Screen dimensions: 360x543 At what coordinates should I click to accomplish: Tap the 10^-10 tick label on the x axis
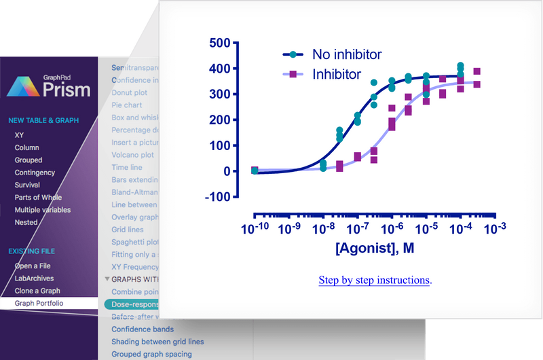pyautogui.click(x=255, y=228)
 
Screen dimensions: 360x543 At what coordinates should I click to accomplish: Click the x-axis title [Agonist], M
pyautogui.click(x=375, y=249)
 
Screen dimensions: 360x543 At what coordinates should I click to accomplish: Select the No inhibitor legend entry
pyautogui.click(x=346, y=54)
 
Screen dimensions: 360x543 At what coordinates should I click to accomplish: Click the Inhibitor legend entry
pyautogui.click(x=336, y=74)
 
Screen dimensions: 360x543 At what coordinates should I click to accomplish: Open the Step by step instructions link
pyautogui.click(x=374, y=280)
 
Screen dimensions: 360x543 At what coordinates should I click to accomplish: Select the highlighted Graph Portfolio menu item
pyautogui.click(x=39, y=303)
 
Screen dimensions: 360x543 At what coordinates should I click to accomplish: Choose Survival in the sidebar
pyautogui.click(x=27, y=185)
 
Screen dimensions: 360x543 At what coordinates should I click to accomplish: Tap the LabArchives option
pyautogui.click(x=34, y=278)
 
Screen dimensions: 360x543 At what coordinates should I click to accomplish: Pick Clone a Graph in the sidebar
pyautogui.click(x=37, y=291)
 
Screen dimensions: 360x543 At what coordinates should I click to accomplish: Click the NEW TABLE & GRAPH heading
pyautogui.click(x=43, y=121)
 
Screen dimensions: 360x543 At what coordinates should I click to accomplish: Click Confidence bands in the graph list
pyautogui.click(x=143, y=329)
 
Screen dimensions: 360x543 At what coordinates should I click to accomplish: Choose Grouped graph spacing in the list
pyautogui.click(x=151, y=354)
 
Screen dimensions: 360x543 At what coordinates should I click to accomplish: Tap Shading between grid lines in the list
pyautogui.click(x=157, y=342)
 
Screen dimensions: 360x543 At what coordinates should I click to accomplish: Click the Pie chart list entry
pyautogui.click(x=127, y=105)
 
